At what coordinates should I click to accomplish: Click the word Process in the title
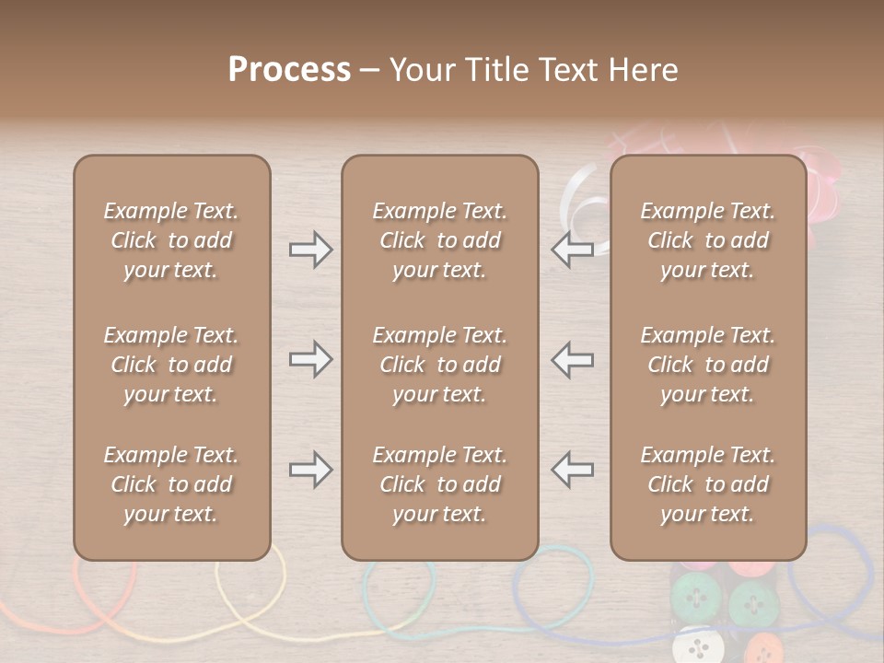tap(289, 70)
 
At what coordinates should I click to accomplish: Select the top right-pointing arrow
tap(310, 250)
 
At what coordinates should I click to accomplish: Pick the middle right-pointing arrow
tap(310, 359)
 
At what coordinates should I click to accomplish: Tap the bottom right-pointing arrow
tap(310, 470)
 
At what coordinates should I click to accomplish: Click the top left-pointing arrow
tap(572, 250)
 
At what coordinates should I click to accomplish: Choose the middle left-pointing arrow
tap(572, 359)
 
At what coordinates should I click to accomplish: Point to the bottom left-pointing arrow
tap(572, 470)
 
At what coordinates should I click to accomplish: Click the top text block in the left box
tap(171, 240)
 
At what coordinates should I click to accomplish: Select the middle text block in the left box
tap(171, 365)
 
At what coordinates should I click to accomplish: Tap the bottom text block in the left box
tap(171, 484)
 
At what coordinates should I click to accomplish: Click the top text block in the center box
tap(439, 240)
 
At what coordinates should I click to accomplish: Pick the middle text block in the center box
tap(439, 365)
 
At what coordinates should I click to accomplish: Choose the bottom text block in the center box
tap(439, 484)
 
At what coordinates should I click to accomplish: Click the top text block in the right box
tap(707, 240)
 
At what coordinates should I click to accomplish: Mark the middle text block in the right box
tap(707, 365)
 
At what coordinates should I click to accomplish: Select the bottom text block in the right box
tap(707, 484)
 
